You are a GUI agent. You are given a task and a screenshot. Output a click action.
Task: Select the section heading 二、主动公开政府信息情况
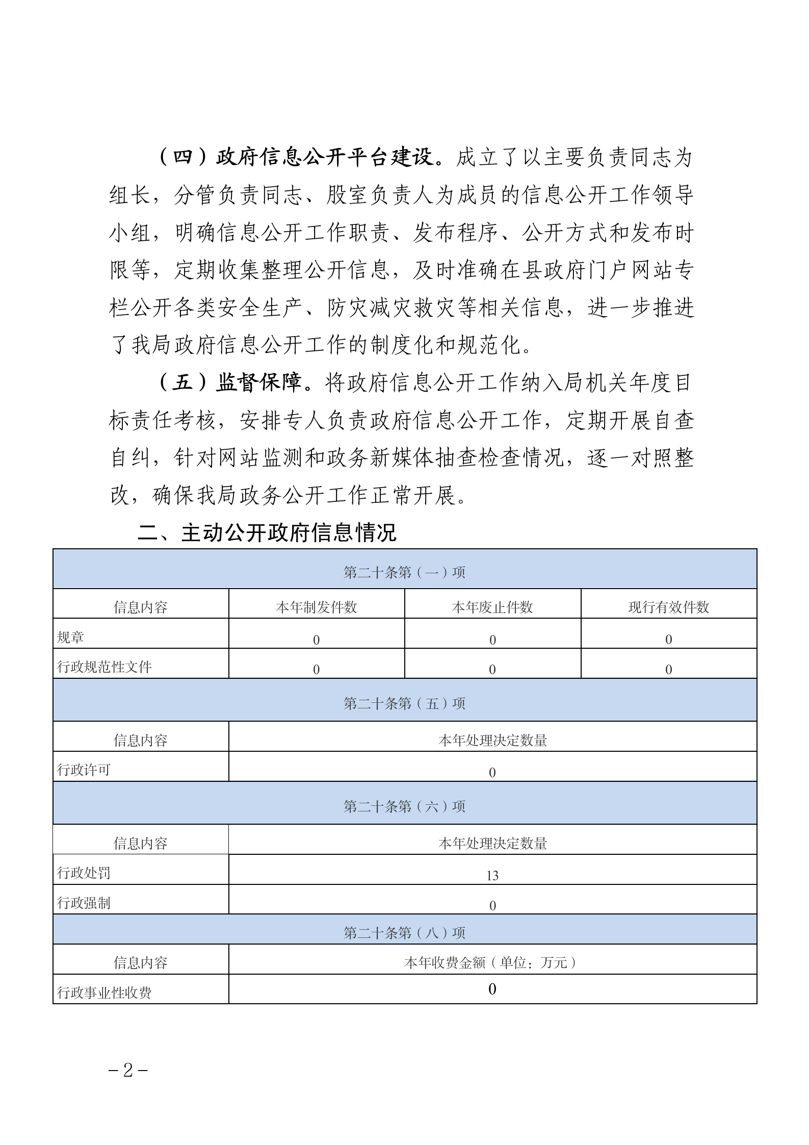pos(267,533)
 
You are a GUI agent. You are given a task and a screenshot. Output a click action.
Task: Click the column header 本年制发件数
pos(316,607)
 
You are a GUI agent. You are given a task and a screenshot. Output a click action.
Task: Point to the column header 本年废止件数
pos(492,607)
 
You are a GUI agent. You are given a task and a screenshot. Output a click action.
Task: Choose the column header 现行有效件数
pos(668,607)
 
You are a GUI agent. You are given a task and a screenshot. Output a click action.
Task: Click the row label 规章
pos(70,637)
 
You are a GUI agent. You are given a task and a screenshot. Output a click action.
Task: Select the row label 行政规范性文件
pos(105,667)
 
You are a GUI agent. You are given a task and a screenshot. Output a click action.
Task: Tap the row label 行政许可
pos(84,770)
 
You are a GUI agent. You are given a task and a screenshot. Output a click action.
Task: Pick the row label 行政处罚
pos(84,873)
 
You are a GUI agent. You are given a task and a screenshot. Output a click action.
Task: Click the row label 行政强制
pos(84,903)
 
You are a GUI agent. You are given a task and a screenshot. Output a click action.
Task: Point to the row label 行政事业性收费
pos(105,993)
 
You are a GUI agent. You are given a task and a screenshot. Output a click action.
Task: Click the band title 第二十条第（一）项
pos(404,572)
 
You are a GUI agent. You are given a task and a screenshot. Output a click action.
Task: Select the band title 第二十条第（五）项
pos(404,704)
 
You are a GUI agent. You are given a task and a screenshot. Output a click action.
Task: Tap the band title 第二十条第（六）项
pos(404,806)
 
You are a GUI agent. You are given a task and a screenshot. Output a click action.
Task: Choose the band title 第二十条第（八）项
pos(404,933)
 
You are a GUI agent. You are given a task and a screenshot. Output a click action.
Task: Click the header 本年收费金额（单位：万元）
pos(492,963)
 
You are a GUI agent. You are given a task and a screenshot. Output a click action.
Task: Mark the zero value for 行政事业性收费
pos(492,989)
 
